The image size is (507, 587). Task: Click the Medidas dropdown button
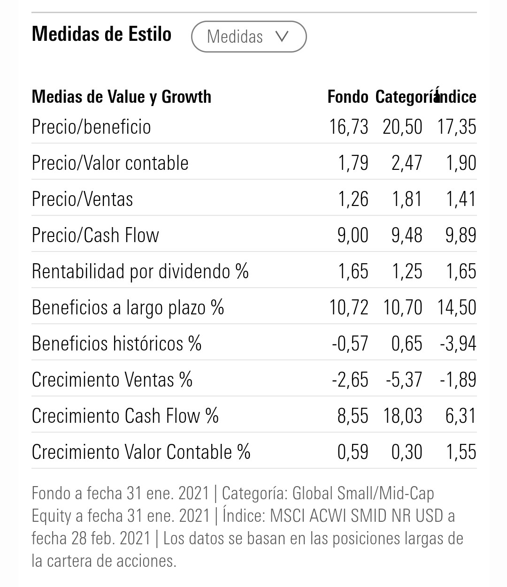[249, 37]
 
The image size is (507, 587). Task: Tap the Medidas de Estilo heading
[101, 34]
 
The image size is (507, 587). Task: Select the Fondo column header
[347, 97]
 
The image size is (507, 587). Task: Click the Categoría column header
[405, 97]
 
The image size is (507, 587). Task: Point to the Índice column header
[457, 97]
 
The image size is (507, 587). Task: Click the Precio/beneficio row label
[91, 127]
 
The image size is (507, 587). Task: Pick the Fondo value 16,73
[348, 127]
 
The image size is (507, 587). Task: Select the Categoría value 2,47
[407, 163]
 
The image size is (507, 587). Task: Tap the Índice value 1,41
[461, 199]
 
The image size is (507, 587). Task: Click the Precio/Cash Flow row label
[95, 235]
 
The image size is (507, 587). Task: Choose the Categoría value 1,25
[407, 271]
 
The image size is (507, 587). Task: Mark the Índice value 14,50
[457, 307]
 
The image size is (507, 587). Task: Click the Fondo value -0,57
[350, 343]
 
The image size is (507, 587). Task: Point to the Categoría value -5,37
[404, 380]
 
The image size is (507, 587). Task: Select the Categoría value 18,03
[402, 416]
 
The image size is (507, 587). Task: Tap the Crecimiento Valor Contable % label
[141, 452]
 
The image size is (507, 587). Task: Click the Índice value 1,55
[461, 452]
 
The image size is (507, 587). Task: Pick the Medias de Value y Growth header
[121, 97]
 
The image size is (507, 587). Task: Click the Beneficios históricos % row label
[116, 343]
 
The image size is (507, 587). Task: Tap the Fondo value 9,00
[353, 235]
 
